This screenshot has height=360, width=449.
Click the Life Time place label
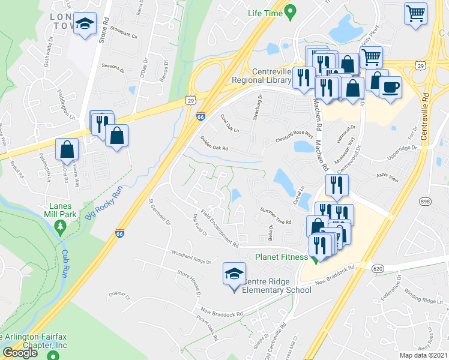[265, 13]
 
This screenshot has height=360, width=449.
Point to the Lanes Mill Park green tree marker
[59, 226]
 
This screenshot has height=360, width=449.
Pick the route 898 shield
[426, 202]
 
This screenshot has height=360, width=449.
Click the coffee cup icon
[390, 87]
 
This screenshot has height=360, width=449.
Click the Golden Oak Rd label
[214, 143]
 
